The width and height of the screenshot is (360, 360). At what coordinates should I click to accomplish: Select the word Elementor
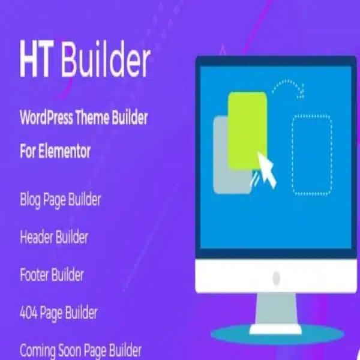[x=64, y=151]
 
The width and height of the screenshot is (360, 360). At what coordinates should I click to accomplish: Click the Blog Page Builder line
[x=60, y=199]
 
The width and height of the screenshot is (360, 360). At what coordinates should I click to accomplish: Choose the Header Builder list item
[x=54, y=237]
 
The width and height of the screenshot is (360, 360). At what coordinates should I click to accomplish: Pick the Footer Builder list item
[x=52, y=275]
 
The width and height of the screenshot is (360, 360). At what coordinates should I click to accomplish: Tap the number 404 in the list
[x=30, y=313]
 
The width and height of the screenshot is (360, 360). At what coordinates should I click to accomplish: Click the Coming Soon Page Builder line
[x=80, y=349]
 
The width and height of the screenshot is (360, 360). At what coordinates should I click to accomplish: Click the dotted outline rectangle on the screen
[x=312, y=154]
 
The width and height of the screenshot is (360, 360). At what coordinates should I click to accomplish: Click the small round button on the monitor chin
[x=277, y=278]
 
